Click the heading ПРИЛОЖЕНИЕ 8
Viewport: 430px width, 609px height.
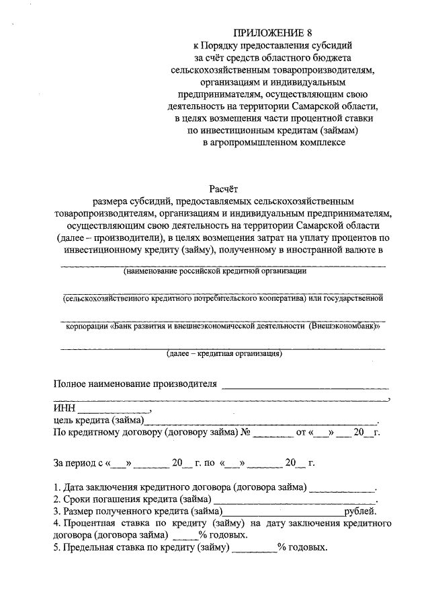272,32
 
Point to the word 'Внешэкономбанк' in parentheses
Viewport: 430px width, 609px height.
343,326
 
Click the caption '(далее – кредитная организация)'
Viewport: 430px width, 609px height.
224,353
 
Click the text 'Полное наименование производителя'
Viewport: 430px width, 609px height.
136,384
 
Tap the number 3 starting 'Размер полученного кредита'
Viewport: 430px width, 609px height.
56,511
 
